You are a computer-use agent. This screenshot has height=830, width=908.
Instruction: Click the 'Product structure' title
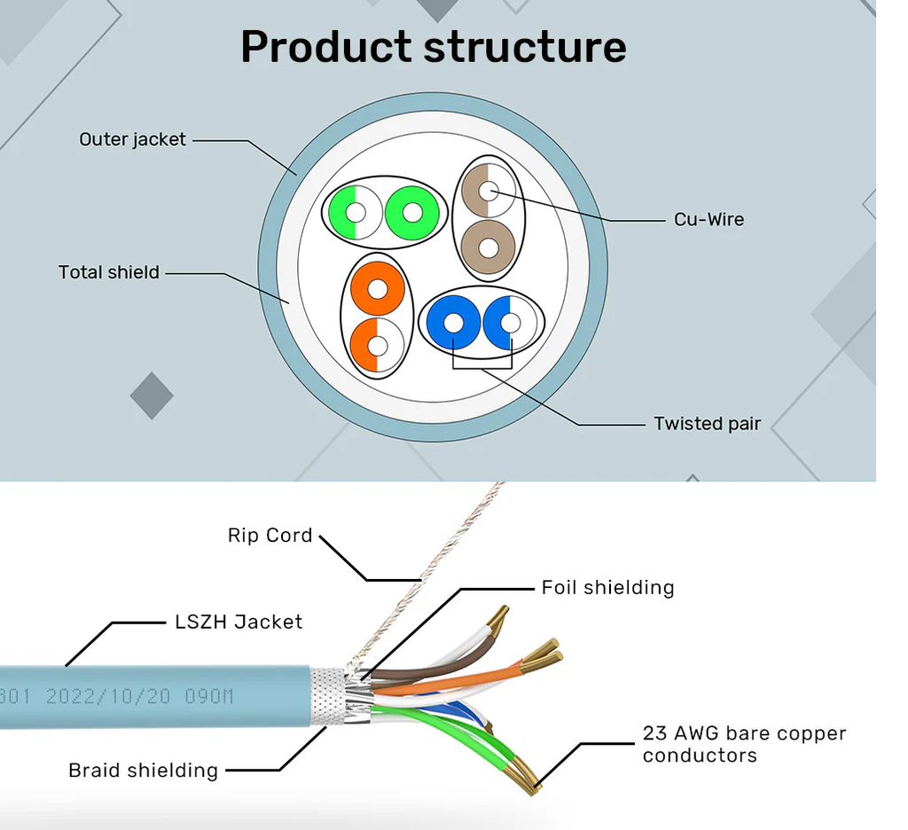point(433,48)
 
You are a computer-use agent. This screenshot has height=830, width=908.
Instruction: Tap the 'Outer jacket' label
point(132,139)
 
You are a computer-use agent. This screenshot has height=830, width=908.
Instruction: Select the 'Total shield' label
point(109,272)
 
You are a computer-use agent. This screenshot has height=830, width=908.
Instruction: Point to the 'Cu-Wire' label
point(708,220)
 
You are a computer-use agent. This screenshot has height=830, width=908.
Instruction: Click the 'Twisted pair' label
point(707,423)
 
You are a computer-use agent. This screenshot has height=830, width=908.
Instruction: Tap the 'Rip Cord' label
point(270,536)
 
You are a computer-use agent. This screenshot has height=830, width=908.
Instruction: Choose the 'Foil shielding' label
point(608,587)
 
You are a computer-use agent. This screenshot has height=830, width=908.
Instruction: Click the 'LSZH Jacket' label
point(239,622)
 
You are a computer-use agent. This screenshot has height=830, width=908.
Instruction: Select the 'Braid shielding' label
point(143,771)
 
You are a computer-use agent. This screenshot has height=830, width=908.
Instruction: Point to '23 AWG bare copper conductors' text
point(744,744)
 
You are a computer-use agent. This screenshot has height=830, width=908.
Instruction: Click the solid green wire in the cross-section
point(411,213)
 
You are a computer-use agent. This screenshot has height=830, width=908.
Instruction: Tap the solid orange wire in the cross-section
point(378,288)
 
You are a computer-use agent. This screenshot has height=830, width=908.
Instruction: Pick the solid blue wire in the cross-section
point(453,323)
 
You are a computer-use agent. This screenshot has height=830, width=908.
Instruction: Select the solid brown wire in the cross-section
point(489,247)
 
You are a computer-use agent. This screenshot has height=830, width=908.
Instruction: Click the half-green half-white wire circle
point(356,213)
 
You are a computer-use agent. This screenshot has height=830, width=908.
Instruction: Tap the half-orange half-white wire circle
point(378,346)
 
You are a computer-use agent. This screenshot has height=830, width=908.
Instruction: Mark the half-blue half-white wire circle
point(510,323)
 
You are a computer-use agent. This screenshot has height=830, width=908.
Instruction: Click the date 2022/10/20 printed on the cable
point(108,695)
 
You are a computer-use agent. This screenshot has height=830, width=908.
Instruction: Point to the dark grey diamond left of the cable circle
point(152,395)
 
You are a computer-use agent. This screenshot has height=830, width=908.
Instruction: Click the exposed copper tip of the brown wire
point(498,617)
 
